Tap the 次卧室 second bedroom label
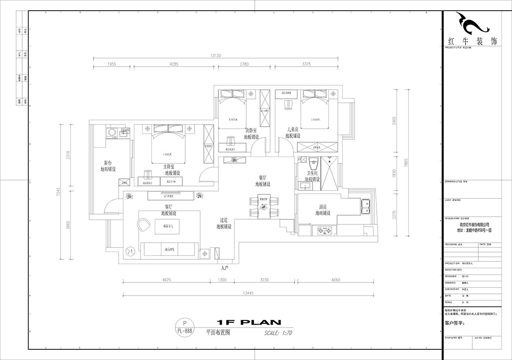click(251, 130)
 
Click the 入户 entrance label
click(225, 268)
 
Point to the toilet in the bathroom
click(314, 164)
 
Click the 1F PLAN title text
click(248, 322)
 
